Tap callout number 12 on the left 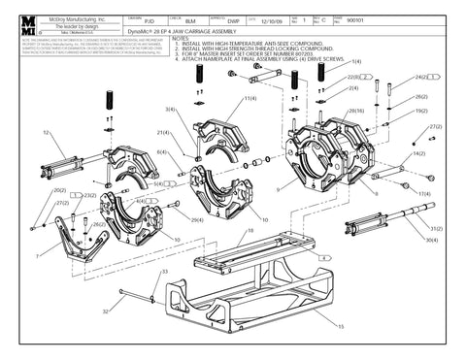click(x=46, y=131)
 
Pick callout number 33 click(x=164, y=272)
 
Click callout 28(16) click(x=355, y=112)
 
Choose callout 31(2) click(x=430, y=228)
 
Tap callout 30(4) click(x=430, y=240)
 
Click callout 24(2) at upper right click(x=420, y=77)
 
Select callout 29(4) click(x=196, y=220)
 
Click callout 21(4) click(x=162, y=133)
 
